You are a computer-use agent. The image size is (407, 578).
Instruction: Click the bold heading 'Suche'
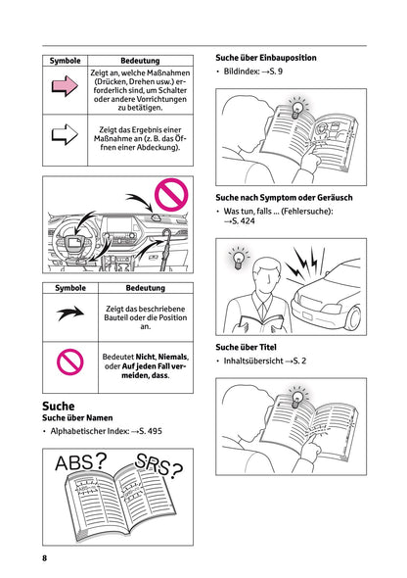(x=59, y=405)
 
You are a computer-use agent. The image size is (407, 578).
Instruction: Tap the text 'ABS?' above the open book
(x=81, y=463)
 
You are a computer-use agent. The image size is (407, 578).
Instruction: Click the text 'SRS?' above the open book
(x=157, y=469)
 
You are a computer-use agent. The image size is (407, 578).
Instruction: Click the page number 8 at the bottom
(x=44, y=557)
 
